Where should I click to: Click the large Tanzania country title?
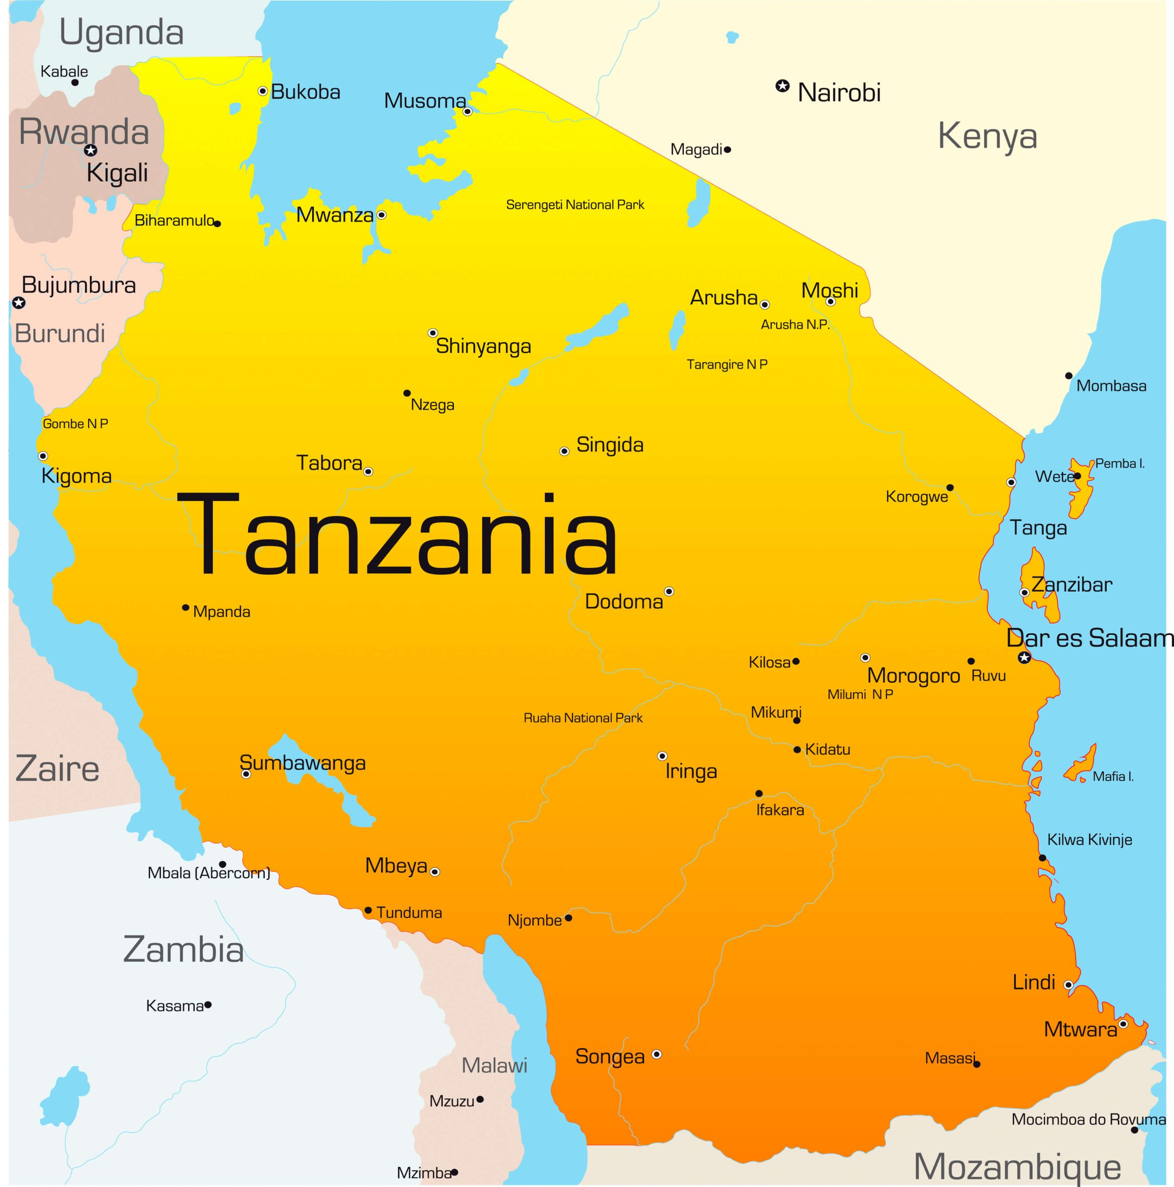397,535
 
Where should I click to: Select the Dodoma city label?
624,601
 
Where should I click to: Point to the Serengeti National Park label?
575,204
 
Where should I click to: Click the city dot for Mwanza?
382,215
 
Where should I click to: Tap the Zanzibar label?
1072,585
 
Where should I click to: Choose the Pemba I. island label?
1120,463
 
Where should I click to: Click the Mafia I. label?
1113,777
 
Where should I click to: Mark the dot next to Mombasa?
1069,376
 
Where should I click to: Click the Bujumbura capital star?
19,303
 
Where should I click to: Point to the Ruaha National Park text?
582,718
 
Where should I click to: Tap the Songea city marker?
656,1054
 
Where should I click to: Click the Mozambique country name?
1017,1166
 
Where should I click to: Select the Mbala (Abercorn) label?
209,873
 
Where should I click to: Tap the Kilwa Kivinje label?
1089,840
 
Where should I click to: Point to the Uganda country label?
121,32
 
